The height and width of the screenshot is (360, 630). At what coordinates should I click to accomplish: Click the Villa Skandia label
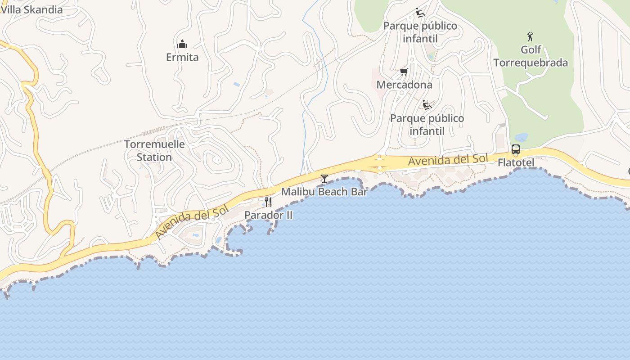click(x=31, y=9)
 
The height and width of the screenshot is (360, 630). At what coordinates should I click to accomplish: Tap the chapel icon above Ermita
click(x=182, y=44)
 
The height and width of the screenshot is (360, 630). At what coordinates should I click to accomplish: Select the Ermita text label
click(x=182, y=57)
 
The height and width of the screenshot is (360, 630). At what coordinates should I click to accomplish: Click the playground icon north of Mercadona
click(x=420, y=13)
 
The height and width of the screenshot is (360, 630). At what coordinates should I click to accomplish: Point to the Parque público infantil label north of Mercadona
click(x=420, y=32)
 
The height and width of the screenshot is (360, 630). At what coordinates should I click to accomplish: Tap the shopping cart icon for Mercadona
click(x=404, y=72)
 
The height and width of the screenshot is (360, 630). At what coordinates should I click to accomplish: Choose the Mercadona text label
click(x=404, y=85)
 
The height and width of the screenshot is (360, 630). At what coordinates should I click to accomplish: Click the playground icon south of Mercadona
click(x=427, y=105)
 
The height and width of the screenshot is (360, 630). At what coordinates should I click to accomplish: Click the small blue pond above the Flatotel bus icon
click(x=521, y=137)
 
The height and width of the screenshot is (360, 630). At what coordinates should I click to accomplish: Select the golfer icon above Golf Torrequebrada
click(x=530, y=36)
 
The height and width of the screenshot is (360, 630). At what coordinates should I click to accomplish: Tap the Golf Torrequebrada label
click(x=531, y=56)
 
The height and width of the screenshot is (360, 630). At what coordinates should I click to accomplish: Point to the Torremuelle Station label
click(x=154, y=151)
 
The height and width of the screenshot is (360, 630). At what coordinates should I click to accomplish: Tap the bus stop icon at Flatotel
click(x=516, y=149)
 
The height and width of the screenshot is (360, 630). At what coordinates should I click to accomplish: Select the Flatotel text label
click(x=516, y=162)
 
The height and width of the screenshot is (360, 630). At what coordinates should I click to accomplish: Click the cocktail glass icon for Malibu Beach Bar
click(x=324, y=179)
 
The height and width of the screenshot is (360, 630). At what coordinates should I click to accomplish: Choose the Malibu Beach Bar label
click(x=324, y=192)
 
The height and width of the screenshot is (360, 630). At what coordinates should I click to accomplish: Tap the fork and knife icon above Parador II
click(x=268, y=202)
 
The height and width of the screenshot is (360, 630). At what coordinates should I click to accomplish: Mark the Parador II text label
click(x=268, y=215)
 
